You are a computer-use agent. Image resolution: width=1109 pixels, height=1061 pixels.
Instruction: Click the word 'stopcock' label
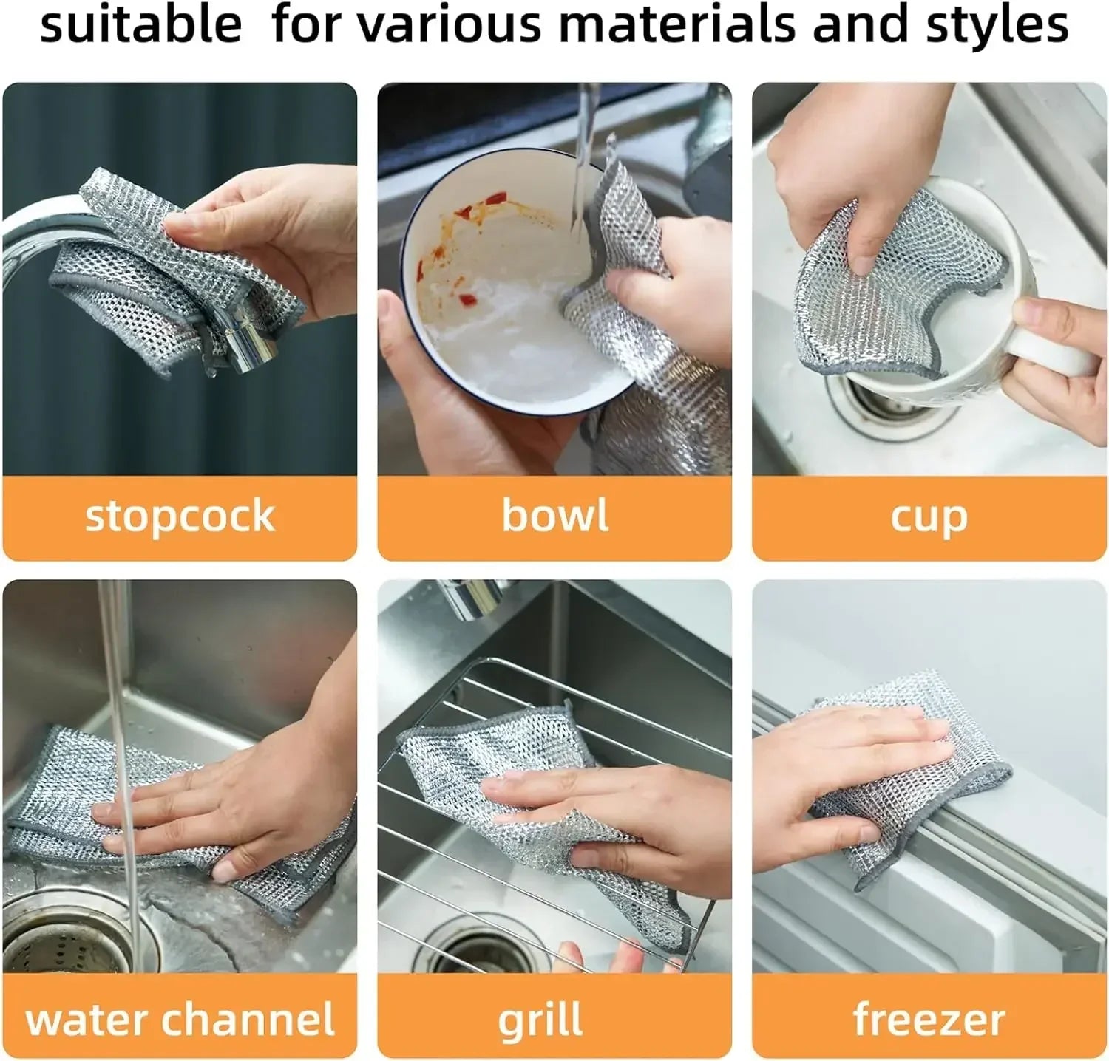[x=180, y=516]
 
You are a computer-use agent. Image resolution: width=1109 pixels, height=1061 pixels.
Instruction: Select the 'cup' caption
[x=929, y=516]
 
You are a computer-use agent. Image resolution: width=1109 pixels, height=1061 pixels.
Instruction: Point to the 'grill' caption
[x=540, y=1020]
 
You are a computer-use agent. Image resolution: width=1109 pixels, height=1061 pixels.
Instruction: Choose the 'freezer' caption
[x=929, y=1020]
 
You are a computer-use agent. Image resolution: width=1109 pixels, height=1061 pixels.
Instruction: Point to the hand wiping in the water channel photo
[x=244, y=805]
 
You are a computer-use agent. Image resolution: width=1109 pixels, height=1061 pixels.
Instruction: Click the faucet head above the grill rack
[x=473, y=597]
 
